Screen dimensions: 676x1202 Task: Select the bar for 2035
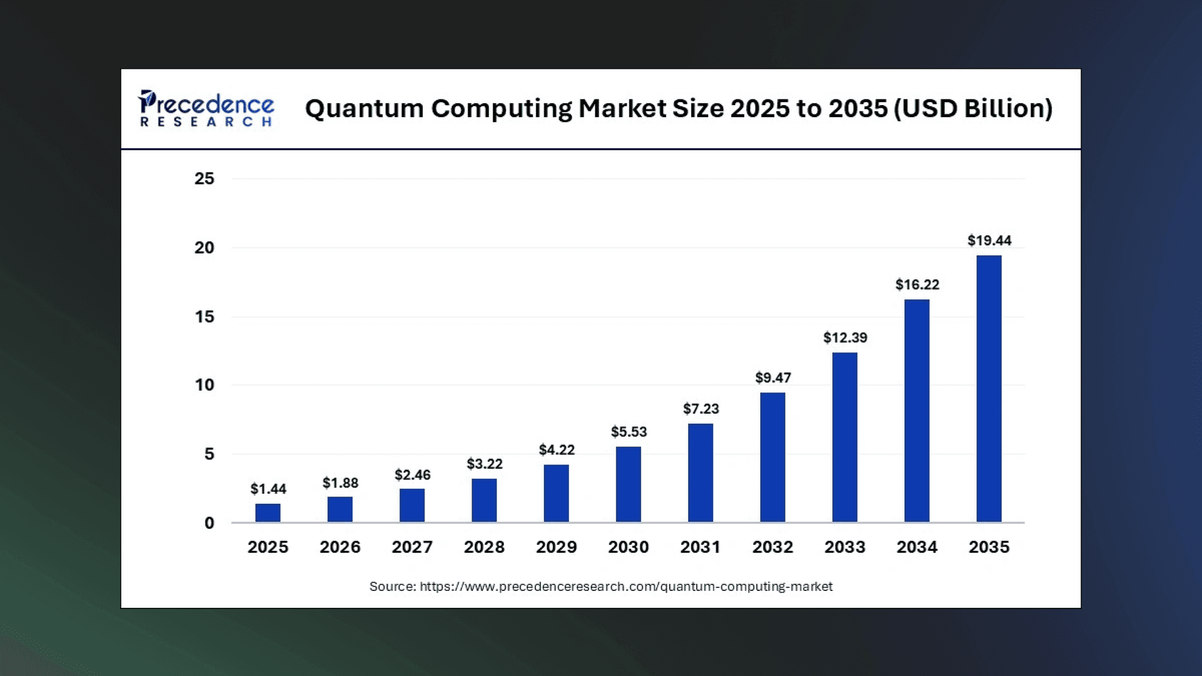pos(989,388)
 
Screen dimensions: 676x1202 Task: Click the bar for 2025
pos(268,513)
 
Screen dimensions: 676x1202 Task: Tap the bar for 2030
pos(628,484)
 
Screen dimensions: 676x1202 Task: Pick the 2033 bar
pos(845,437)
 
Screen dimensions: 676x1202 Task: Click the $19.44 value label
pos(989,240)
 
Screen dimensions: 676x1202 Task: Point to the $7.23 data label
pos(701,409)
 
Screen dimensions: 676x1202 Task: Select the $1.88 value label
pos(340,483)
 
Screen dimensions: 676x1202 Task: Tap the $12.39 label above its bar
pos(845,337)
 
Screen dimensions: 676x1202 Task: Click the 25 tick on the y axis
pos(204,179)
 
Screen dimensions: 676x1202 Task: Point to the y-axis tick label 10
pos(204,385)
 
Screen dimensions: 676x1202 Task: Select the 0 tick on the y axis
pos(209,523)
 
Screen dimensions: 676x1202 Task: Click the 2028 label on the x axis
pos(484,547)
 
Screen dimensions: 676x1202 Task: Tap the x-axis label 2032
pos(773,547)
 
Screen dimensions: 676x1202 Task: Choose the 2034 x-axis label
pos(917,547)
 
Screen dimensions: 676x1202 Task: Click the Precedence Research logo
pos(207,109)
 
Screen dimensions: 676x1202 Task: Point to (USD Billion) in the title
pos(973,109)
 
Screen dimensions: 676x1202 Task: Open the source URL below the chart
pos(625,586)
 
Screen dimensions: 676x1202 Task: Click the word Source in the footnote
pos(392,586)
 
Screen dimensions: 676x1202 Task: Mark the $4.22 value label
pos(557,449)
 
